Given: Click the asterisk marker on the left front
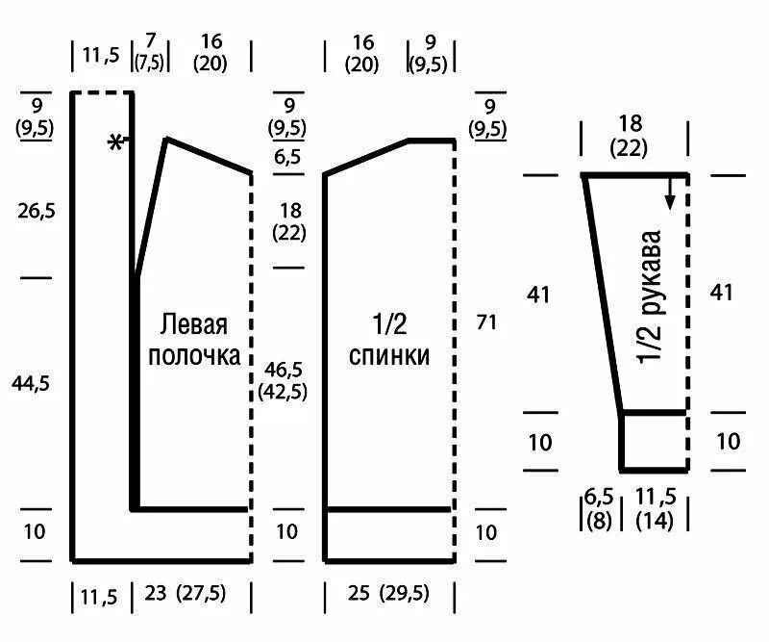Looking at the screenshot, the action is (x=115, y=141).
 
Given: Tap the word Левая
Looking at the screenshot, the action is (x=194, y=324).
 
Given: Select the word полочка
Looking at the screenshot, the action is (x=194, y=355).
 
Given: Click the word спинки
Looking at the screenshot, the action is (x=389, y=355).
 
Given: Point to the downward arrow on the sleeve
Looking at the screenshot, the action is (x=670, y=193).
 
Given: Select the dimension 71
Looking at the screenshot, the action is (x=486, y=322).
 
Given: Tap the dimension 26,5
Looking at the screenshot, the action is (x=37, y=211).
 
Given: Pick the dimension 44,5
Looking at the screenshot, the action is (x=31, y=383).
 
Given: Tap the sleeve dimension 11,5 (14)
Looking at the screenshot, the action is (x=657, y=509).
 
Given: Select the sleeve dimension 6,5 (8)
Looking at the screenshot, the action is (x=599, y=509).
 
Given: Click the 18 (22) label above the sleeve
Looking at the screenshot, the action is (x=630, y=136).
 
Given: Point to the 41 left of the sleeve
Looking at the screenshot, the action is (x=539, y=295).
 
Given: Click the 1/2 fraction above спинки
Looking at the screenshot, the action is (x=389, y=324).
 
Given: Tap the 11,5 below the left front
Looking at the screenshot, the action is (x=100, y=597).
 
